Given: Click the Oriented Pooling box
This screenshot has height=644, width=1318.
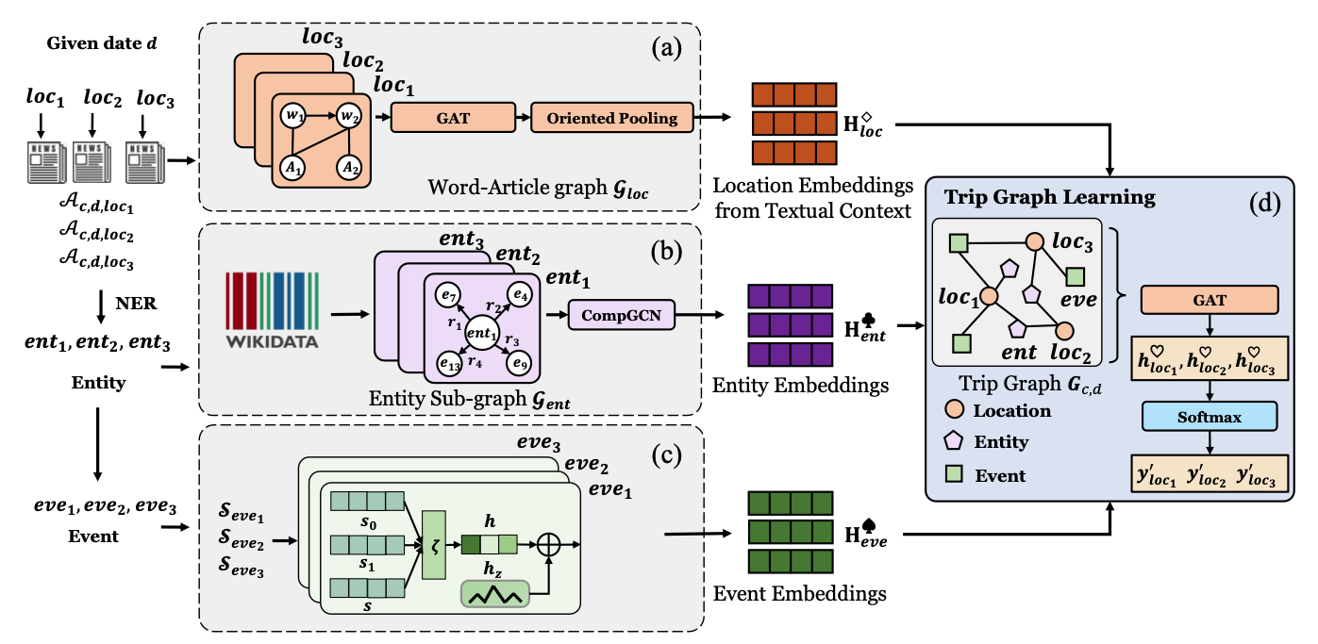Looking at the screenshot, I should coord(611,118).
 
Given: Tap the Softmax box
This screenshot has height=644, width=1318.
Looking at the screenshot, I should coord(1208,415).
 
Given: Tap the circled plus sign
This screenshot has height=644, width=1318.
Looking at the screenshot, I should coord(549,544).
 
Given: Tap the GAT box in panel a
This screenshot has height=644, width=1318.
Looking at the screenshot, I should coord(452,118).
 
